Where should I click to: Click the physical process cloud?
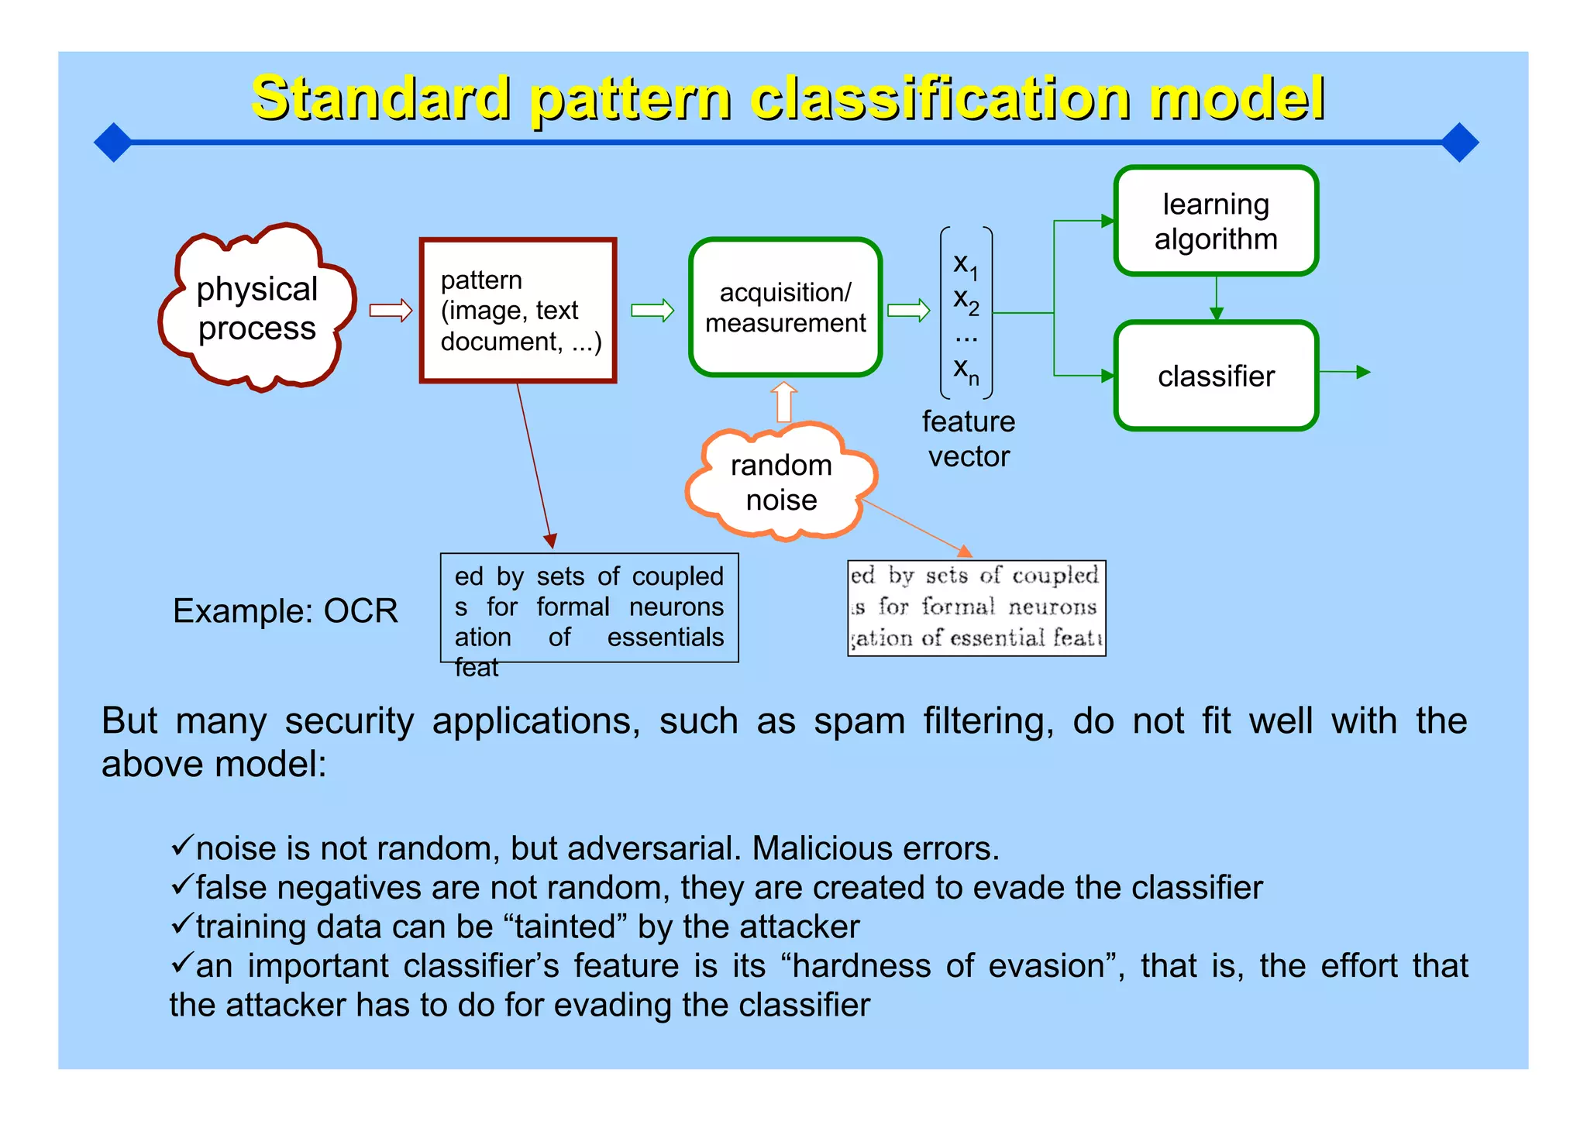coord(257,309)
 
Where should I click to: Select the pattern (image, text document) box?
coord(518,311)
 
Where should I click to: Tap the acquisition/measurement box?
coord(785,308)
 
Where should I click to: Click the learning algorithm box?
coord(1215,222)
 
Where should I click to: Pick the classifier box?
coord(1215,377)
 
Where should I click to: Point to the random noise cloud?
coord(781,482)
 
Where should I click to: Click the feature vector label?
coord(969,439)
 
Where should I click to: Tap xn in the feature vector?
coord(966,370)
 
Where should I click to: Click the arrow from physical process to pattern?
coord(391,311)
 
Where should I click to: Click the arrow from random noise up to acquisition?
coord(784,402)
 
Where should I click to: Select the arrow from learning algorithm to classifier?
coord(1216,298)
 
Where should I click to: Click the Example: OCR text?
coord(285,611)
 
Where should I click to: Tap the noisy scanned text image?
coord(976,608)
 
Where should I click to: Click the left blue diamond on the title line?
coord(113,143)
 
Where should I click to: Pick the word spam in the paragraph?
coord(859,721)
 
